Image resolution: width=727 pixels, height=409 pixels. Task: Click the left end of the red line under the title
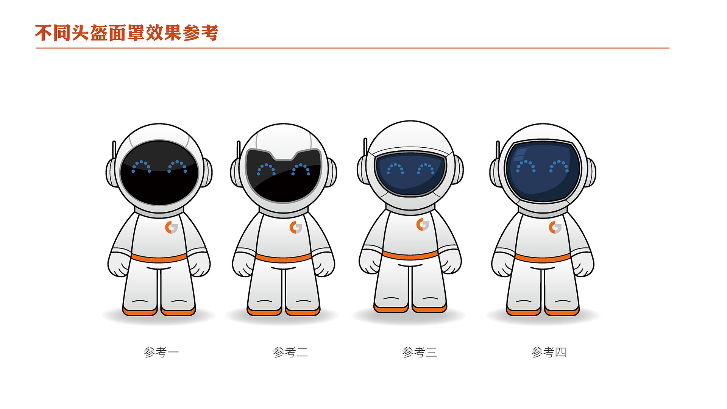click(x=36, y=48)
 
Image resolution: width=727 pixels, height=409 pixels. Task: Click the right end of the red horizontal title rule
click(x=669, y=48)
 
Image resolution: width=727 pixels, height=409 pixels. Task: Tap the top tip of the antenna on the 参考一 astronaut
click(x=114, y=142)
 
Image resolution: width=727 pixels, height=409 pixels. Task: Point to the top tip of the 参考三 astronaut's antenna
click(x=365, y=139)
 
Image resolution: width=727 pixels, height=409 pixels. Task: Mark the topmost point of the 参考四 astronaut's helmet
click(x=543, y=123)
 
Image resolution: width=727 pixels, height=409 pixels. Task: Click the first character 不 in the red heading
click(x=44, y=33)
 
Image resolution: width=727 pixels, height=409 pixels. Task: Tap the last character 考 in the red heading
click(x=209, y=33)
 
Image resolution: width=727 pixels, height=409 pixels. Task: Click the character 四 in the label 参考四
click(x=560, y=352)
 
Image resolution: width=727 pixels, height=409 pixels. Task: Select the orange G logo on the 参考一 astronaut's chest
click(x=172, y=228)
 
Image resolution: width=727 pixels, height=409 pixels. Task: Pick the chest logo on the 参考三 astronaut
click(x=423, y=225)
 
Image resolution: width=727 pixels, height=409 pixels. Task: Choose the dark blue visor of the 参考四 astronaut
click(x=543, y=171)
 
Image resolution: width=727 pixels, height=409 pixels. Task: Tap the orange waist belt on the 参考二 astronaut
click(x=284, y=258)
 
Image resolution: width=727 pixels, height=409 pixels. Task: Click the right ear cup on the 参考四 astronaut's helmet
click(x=590, y=173)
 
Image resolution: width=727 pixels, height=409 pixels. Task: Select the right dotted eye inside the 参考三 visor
click(x=426, y=169)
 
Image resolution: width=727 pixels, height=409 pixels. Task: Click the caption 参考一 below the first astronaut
click(x=161, y=352)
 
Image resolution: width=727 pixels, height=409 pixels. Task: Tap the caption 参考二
click(x=290, y=352)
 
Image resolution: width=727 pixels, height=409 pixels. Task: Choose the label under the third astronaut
click(x=420, y=352)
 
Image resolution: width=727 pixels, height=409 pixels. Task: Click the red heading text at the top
click(x=127, y=33)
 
